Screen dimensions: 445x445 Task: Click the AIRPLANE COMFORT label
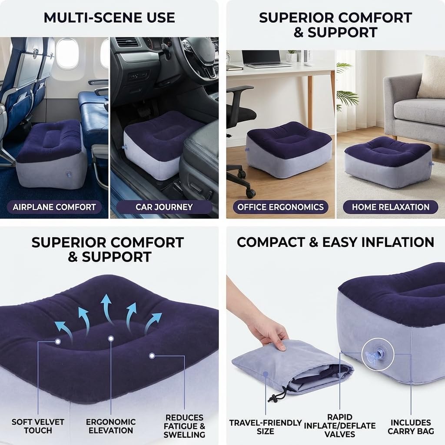pyautogui.click(x=54, y=207)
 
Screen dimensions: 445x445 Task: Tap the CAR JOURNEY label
pyautogui.click(x=164, y=207)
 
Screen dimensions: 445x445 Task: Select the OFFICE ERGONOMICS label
pyautogui.click(x=280, y=207)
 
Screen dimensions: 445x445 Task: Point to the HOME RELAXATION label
pyautogui.click(x=391, y=207)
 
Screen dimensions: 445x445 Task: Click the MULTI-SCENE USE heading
pyautogui.click(x=109, y=17)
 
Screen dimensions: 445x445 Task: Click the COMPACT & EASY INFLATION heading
pyautogui.click(x=335, y=242)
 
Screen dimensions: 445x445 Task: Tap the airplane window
pyautogui.click(x=67, y=54)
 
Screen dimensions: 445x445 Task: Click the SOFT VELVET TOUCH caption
pyautogui.click(x=38, y=426)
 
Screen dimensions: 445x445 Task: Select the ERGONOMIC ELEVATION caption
pyautogui.click(x=111, y=426)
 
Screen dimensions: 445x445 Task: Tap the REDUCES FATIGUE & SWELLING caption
pyautogui.click(x=184, y=426)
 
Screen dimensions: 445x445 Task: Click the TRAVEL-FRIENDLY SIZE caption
pyautogui.click(x=266, y=427)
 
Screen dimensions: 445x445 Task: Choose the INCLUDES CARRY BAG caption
pyautogui.click(x=411, y=427)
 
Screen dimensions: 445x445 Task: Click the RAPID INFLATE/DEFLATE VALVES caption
pyautogui.click(x=340, y=425)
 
